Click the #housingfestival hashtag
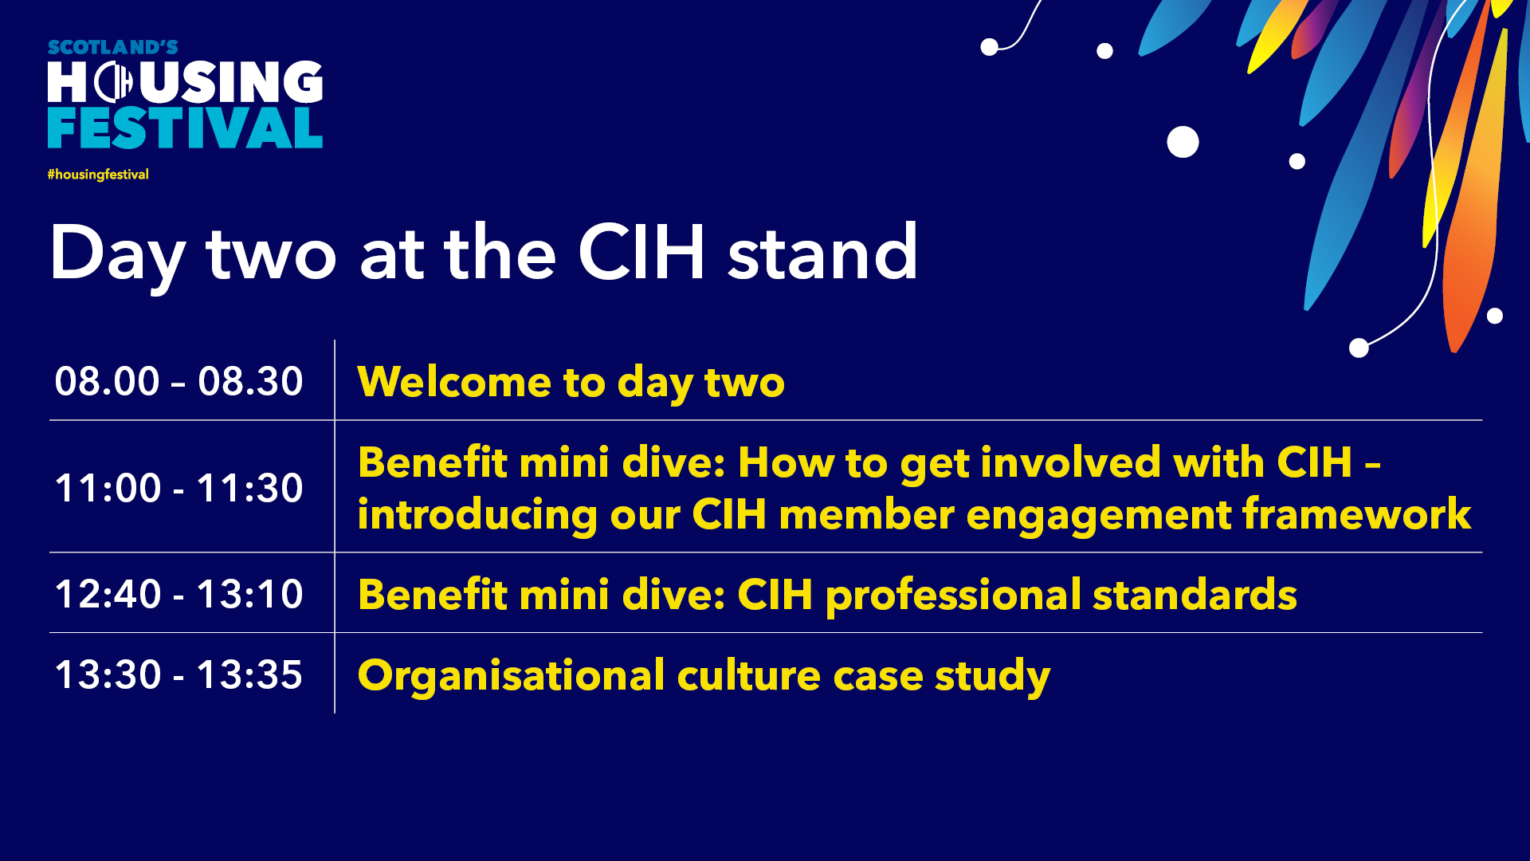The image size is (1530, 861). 98,175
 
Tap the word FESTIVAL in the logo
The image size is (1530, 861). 185,128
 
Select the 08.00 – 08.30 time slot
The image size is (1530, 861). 178,381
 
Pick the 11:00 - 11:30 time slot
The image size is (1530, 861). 178,488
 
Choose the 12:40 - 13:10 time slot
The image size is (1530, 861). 178,594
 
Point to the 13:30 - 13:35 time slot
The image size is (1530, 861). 178,674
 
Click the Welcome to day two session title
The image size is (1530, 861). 571,383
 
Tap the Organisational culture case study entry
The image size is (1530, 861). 704,677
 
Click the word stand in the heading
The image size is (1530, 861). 823,253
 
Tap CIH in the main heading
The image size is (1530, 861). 641,253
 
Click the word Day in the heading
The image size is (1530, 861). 118,257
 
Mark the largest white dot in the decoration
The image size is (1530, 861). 1183,142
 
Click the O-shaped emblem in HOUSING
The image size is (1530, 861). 114,82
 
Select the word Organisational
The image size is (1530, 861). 511,675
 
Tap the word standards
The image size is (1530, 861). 1195,595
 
